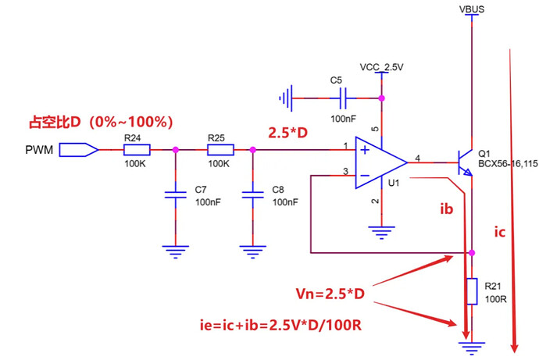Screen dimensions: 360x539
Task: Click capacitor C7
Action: (x=175, y=195)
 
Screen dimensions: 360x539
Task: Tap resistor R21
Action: (x=472, y=290)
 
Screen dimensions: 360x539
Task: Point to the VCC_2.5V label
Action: (x=381, y=68)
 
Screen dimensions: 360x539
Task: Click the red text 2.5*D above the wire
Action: (x=288, y=133)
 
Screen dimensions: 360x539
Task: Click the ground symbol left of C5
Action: (x=288, y=98)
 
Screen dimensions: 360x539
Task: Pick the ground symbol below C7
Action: (x=175, y=250)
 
